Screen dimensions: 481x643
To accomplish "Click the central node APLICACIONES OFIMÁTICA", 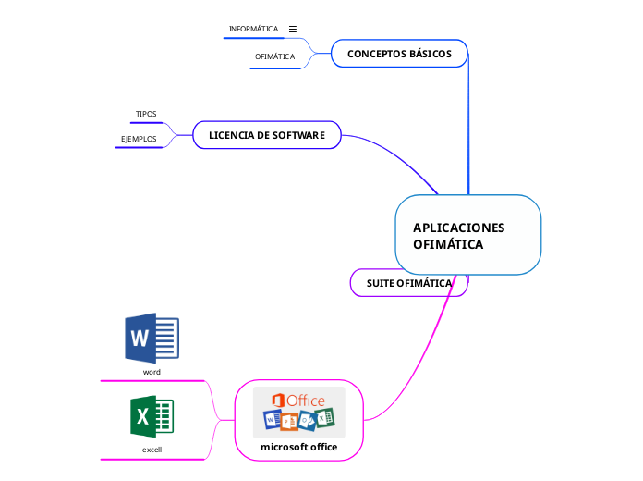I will [467, 235].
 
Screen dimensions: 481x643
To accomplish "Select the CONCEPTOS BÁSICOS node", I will [399, 54].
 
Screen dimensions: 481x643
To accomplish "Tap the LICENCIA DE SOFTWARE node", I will [266, 135].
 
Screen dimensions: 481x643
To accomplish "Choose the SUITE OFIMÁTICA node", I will [408, 282].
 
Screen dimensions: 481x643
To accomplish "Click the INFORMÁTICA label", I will [253, 29].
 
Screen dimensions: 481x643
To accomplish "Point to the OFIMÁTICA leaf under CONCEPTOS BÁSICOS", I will [274, 56].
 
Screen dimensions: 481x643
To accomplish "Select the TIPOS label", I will [146, 114].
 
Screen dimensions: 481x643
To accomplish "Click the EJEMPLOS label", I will [139, 139].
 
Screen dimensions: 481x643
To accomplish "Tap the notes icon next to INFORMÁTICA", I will [293, 29].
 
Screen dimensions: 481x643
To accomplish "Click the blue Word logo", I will [152, 338].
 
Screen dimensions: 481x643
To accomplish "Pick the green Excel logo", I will [152, 416].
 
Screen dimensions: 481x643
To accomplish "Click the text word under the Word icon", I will [152, 371].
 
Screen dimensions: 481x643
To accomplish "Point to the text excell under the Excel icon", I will [152, 449].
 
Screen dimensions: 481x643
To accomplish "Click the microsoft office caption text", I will [298, 447].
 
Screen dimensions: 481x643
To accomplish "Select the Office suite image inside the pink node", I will [298, 412].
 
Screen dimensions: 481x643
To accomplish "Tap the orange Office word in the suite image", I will [306, 400].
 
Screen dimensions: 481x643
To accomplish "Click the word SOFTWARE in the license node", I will [297, 135].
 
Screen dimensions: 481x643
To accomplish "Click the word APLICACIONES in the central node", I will [458, 228].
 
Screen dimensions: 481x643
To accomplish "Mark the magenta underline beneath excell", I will [152, 459].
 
